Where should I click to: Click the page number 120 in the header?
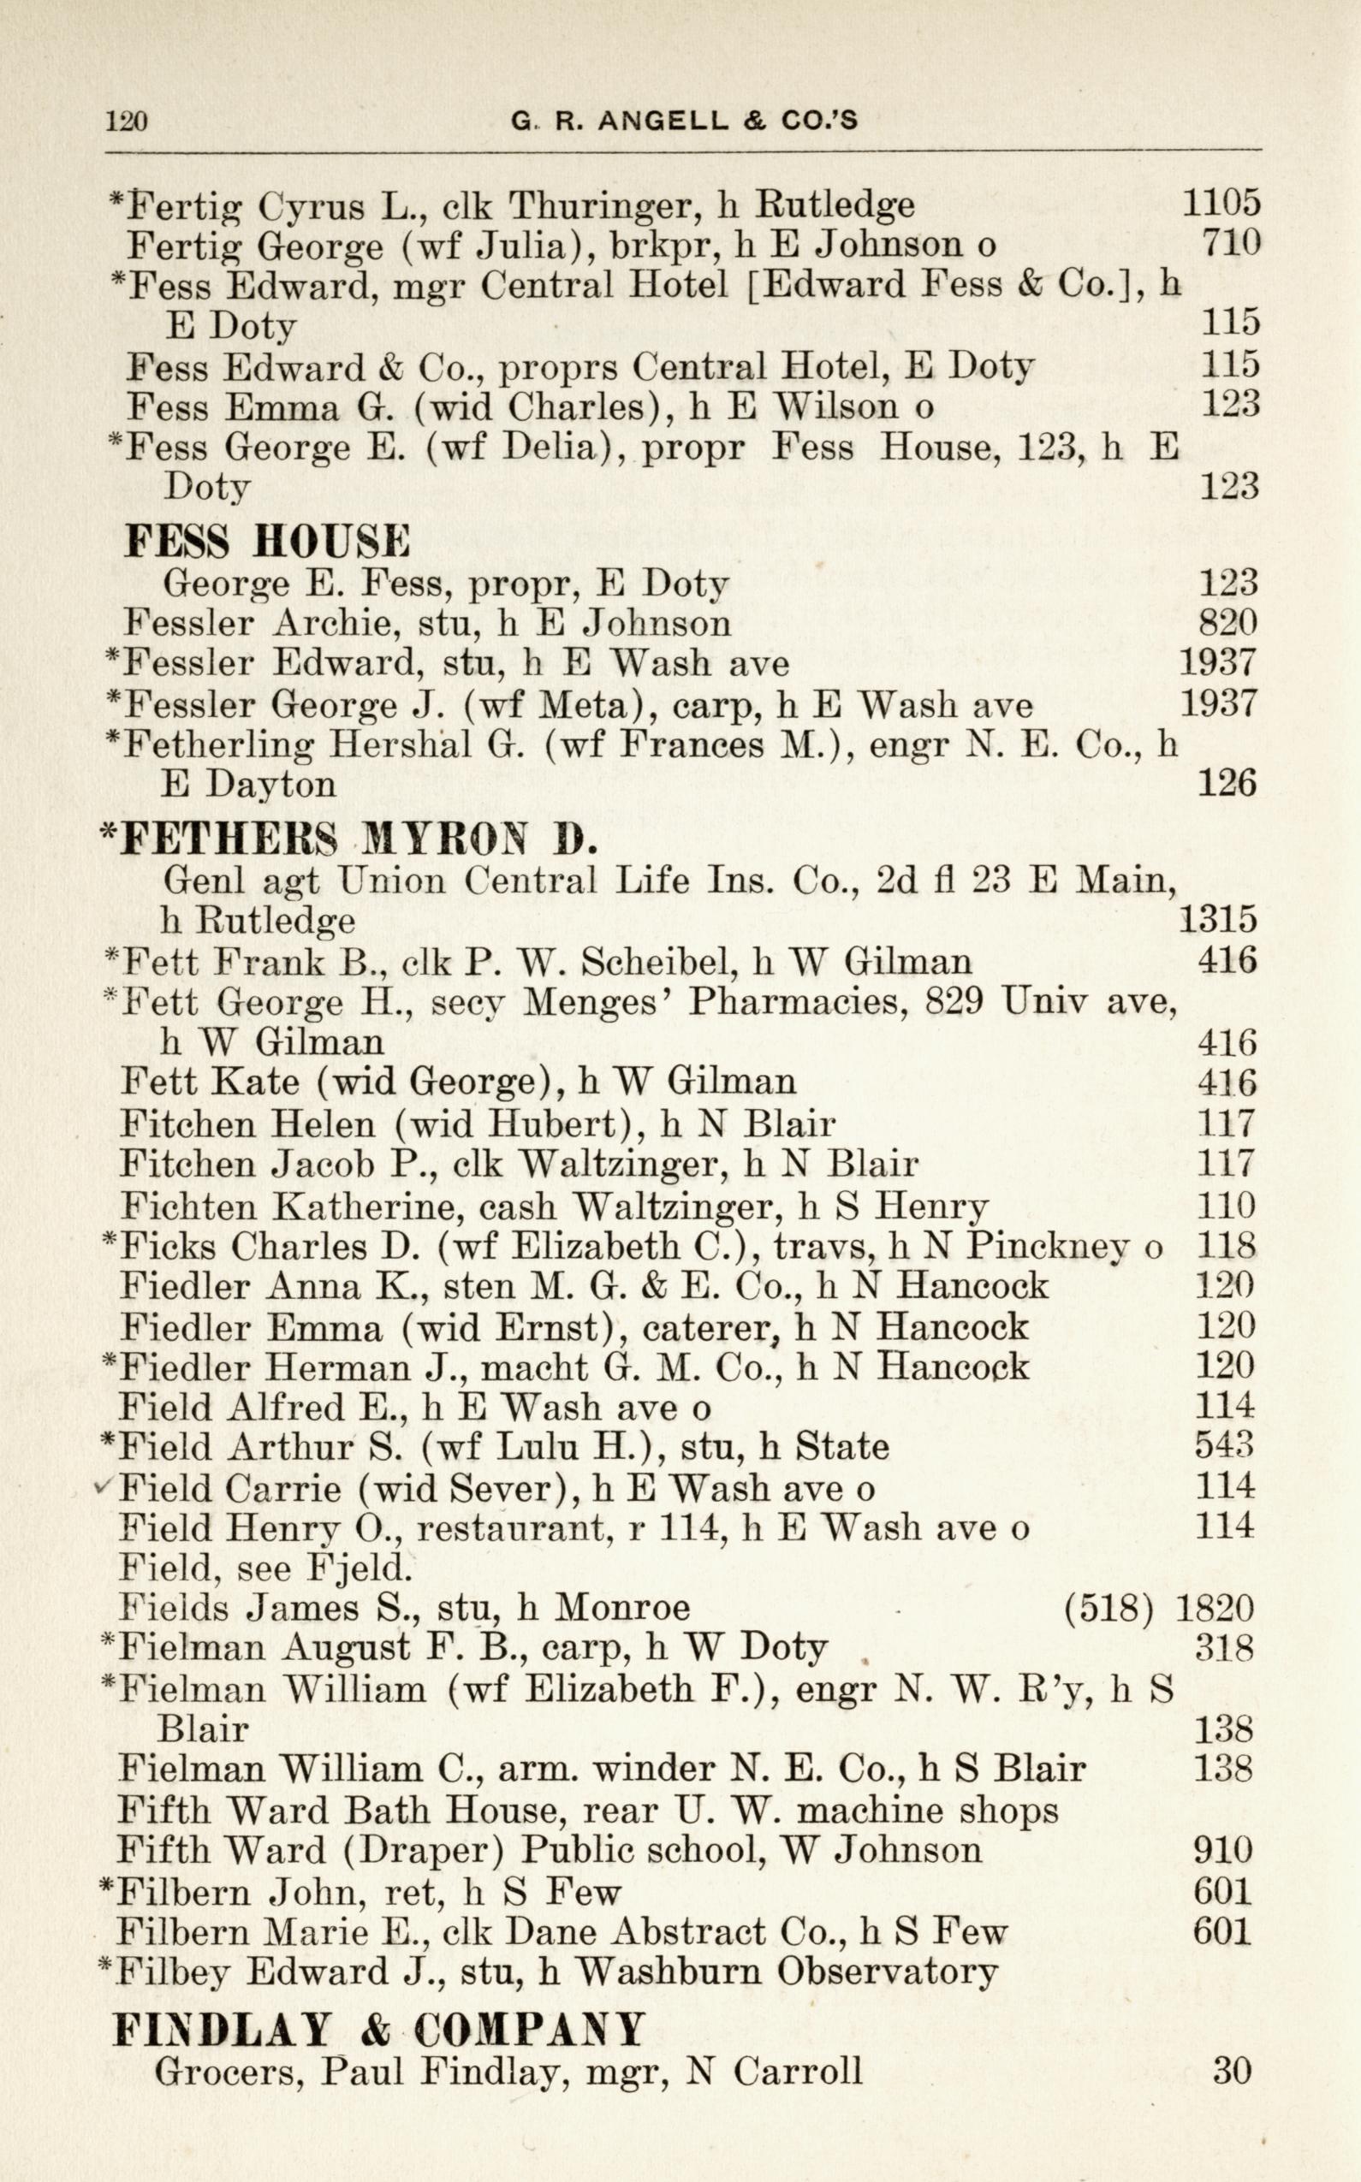pos(126,120)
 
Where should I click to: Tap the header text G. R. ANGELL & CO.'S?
pos(684,120)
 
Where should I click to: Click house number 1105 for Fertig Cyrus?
pos(1221,204)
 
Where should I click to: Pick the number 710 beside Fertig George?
pos(1231,243)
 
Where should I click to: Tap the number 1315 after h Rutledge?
pos(1217,919)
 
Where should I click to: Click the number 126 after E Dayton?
pos(1226,784)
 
